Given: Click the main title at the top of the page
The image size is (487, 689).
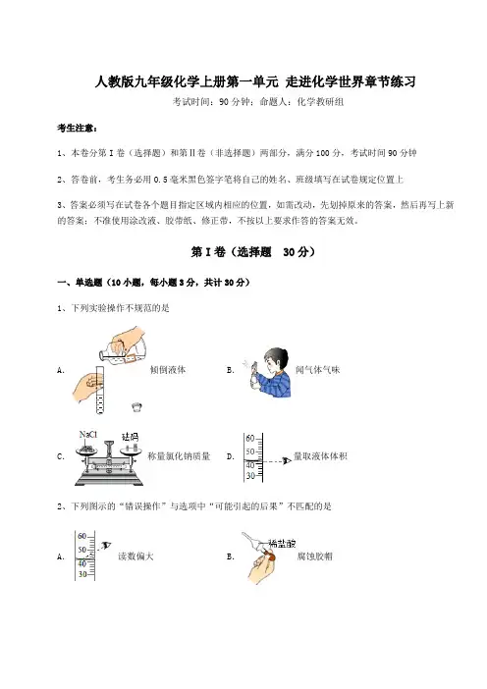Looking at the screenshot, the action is coord(255,81).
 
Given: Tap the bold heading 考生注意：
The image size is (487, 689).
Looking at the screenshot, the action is coord(78,128).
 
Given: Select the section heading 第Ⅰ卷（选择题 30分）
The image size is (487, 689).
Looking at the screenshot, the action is coord(253,252).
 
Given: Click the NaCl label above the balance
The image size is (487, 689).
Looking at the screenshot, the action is coord(88,435).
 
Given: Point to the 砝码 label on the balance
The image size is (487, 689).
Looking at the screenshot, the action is coord(130,437).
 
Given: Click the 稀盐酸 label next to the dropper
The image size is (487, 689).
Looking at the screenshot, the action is coord(282,544).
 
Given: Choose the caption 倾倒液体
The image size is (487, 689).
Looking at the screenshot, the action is coord(168,370).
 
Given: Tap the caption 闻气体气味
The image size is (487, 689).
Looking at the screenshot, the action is coord(318,370).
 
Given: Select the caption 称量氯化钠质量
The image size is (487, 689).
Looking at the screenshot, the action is coord(179,456).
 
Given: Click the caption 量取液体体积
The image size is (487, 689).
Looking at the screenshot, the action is coord(320,456).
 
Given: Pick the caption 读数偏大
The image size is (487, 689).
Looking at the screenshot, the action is coord(135,556).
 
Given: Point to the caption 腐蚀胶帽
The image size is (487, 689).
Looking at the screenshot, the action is coord(315,556).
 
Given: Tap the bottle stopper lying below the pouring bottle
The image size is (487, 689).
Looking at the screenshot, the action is coord(137,406).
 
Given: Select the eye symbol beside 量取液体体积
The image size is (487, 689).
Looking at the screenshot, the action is coord(287,460).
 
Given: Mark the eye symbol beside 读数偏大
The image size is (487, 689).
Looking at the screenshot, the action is coord(106,546).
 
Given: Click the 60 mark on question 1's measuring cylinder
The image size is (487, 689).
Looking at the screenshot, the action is coord(250,438).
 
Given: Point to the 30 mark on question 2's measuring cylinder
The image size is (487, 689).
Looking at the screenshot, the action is coord(82,574).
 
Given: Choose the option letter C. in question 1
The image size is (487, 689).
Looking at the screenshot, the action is coord(61,456).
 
